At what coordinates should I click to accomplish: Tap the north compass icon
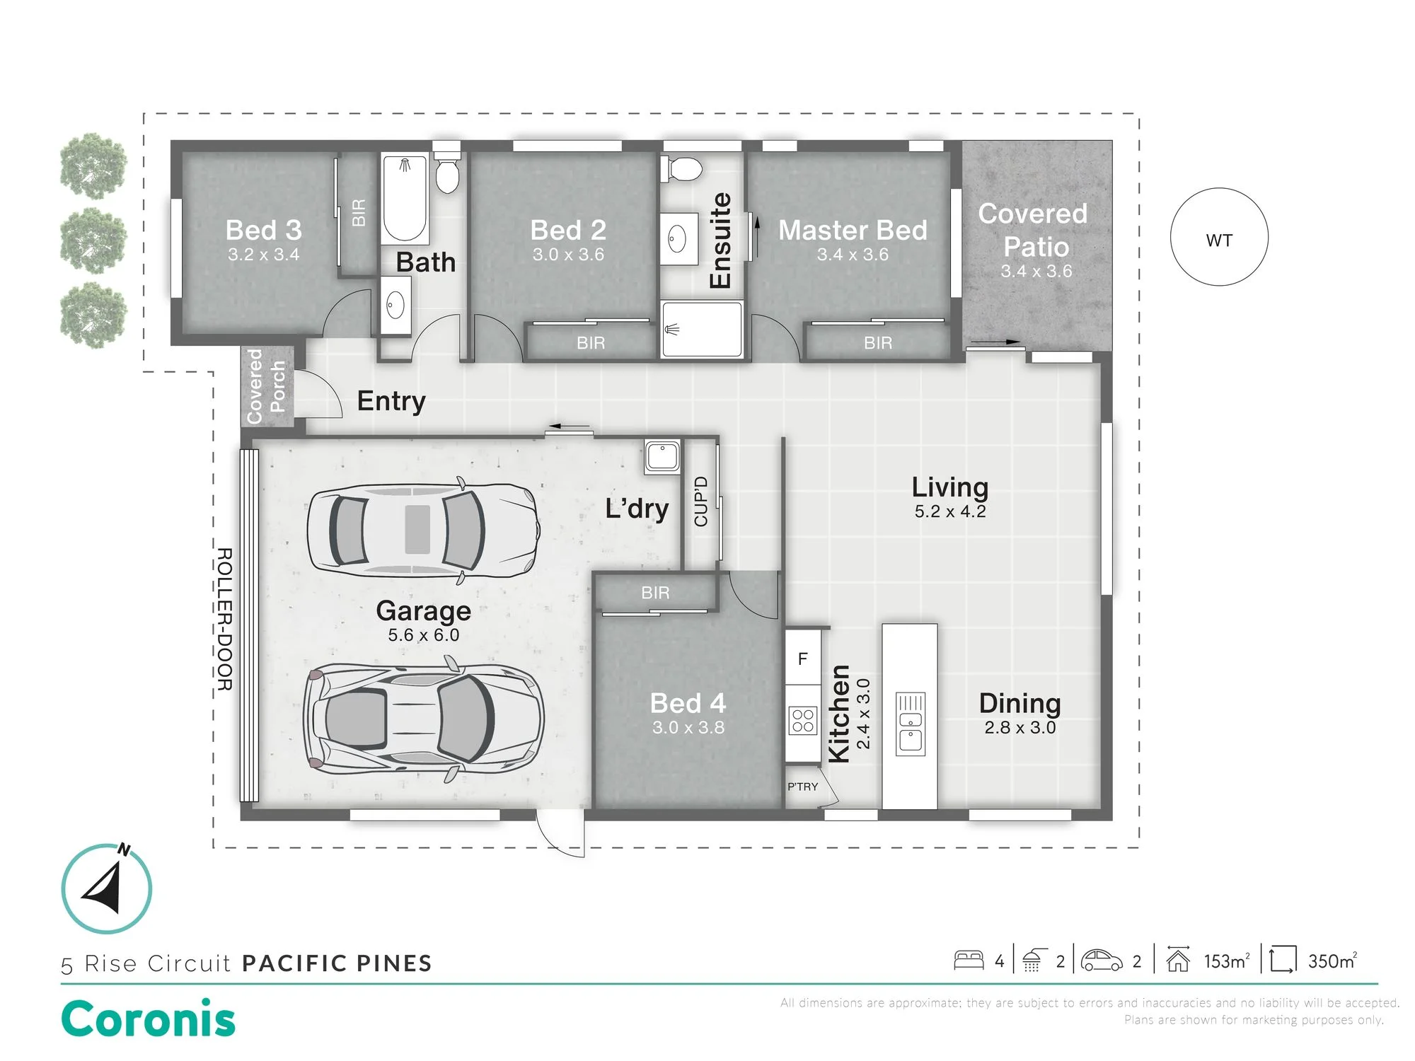pos(107,888)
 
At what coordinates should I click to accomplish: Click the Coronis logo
pos(148,1019)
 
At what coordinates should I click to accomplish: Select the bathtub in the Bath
pos(405,199)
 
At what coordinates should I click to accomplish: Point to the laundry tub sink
pos(662,456)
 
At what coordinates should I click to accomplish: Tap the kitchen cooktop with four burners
pos(803,721)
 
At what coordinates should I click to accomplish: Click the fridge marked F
pos(802,658)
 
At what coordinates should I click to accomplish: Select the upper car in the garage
pos(423,530)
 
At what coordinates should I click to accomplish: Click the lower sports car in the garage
pos(423,719)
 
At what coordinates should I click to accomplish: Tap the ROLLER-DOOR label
pos(224,619)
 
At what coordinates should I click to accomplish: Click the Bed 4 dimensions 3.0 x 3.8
pos(688,727)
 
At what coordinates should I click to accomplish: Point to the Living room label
pos(949,487)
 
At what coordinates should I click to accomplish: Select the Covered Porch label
pos(266,386)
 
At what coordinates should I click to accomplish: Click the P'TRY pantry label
pos(803,787)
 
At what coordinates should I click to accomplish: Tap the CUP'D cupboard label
pos(701,501)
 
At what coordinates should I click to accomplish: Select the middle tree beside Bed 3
pos(93,240)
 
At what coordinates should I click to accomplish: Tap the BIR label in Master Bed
pos(878,343)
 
